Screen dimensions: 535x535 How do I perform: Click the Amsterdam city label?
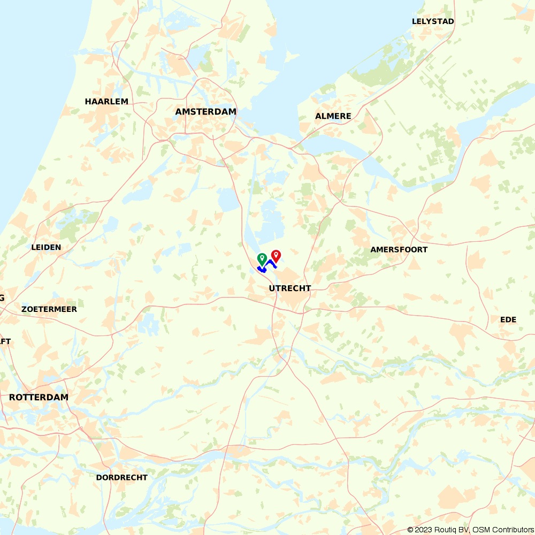(206, 112)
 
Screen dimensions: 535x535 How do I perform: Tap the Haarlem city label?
(106, 102)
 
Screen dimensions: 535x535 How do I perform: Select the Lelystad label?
(433, 22)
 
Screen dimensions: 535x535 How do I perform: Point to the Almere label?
(333, 116)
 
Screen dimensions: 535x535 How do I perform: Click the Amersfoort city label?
(399, 250)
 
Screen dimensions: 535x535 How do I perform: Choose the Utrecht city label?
(290, 288)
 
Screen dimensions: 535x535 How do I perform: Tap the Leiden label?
(46, 247)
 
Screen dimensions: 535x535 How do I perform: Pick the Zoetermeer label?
(49, 309)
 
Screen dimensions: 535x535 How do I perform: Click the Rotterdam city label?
(39, 398)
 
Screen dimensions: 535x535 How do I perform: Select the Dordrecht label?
(122, 477)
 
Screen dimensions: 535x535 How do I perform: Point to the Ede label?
(508, 320)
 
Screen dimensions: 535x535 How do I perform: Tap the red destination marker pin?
(276, 256)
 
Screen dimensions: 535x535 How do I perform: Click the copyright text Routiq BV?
(452, 530)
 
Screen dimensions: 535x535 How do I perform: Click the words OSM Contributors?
(502, 530)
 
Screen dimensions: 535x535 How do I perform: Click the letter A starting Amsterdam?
(179, 112)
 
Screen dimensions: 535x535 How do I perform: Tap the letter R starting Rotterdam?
(12, 398)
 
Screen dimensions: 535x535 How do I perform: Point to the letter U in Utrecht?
(272, 288)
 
